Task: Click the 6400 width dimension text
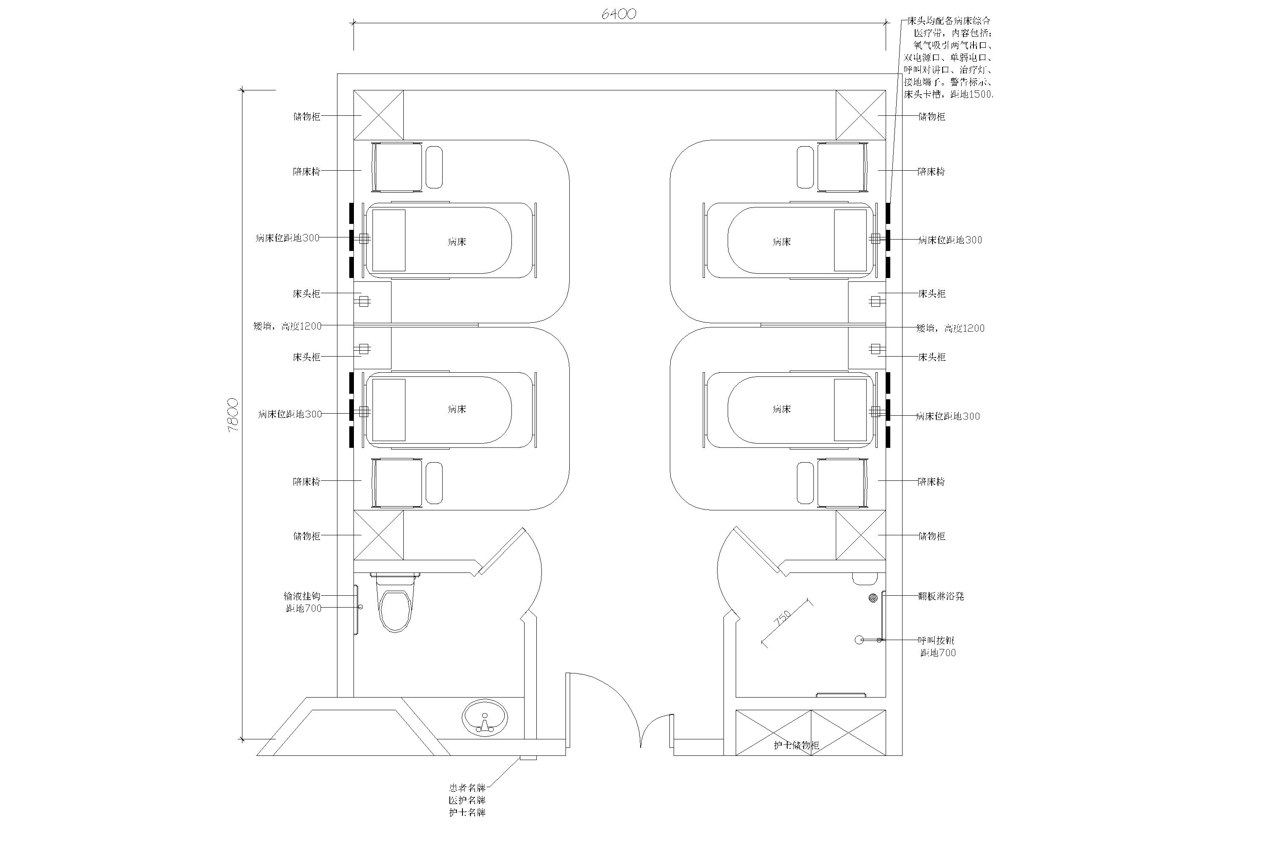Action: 618,14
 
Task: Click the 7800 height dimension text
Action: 233,415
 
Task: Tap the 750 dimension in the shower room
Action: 783,617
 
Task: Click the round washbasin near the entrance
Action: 484,718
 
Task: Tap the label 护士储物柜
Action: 796,745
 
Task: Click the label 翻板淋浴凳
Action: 941,596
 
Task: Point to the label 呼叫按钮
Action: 936,640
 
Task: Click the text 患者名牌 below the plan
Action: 467,788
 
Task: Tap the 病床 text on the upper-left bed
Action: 457,242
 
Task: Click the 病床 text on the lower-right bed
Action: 782,409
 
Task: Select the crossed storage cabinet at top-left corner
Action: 378,115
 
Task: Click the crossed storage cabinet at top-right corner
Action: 860,115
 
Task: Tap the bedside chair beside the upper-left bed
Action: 397,167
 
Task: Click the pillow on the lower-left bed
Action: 389,409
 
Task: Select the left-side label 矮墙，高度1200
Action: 287,326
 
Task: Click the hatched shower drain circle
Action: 873,598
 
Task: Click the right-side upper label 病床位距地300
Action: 950,240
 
